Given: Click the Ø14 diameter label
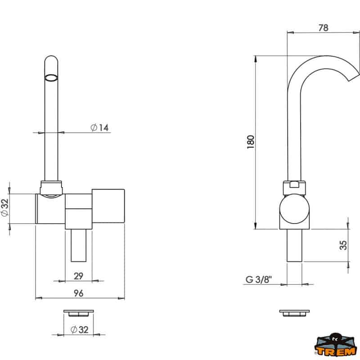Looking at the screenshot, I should pos(99,128).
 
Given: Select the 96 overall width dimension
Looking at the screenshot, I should pos(79,293).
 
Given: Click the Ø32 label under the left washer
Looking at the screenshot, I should pos(79,329).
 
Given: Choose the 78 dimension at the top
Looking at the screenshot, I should pos(323,27).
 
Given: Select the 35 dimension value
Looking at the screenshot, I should pos(343,245).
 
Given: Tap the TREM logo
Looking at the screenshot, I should pos(335,346).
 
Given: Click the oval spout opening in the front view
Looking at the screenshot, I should pos(52,77).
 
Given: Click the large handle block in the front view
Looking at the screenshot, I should pos(108,206).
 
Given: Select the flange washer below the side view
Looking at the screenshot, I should pos(294,312).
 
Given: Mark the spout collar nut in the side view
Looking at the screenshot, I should pos(294,186).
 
